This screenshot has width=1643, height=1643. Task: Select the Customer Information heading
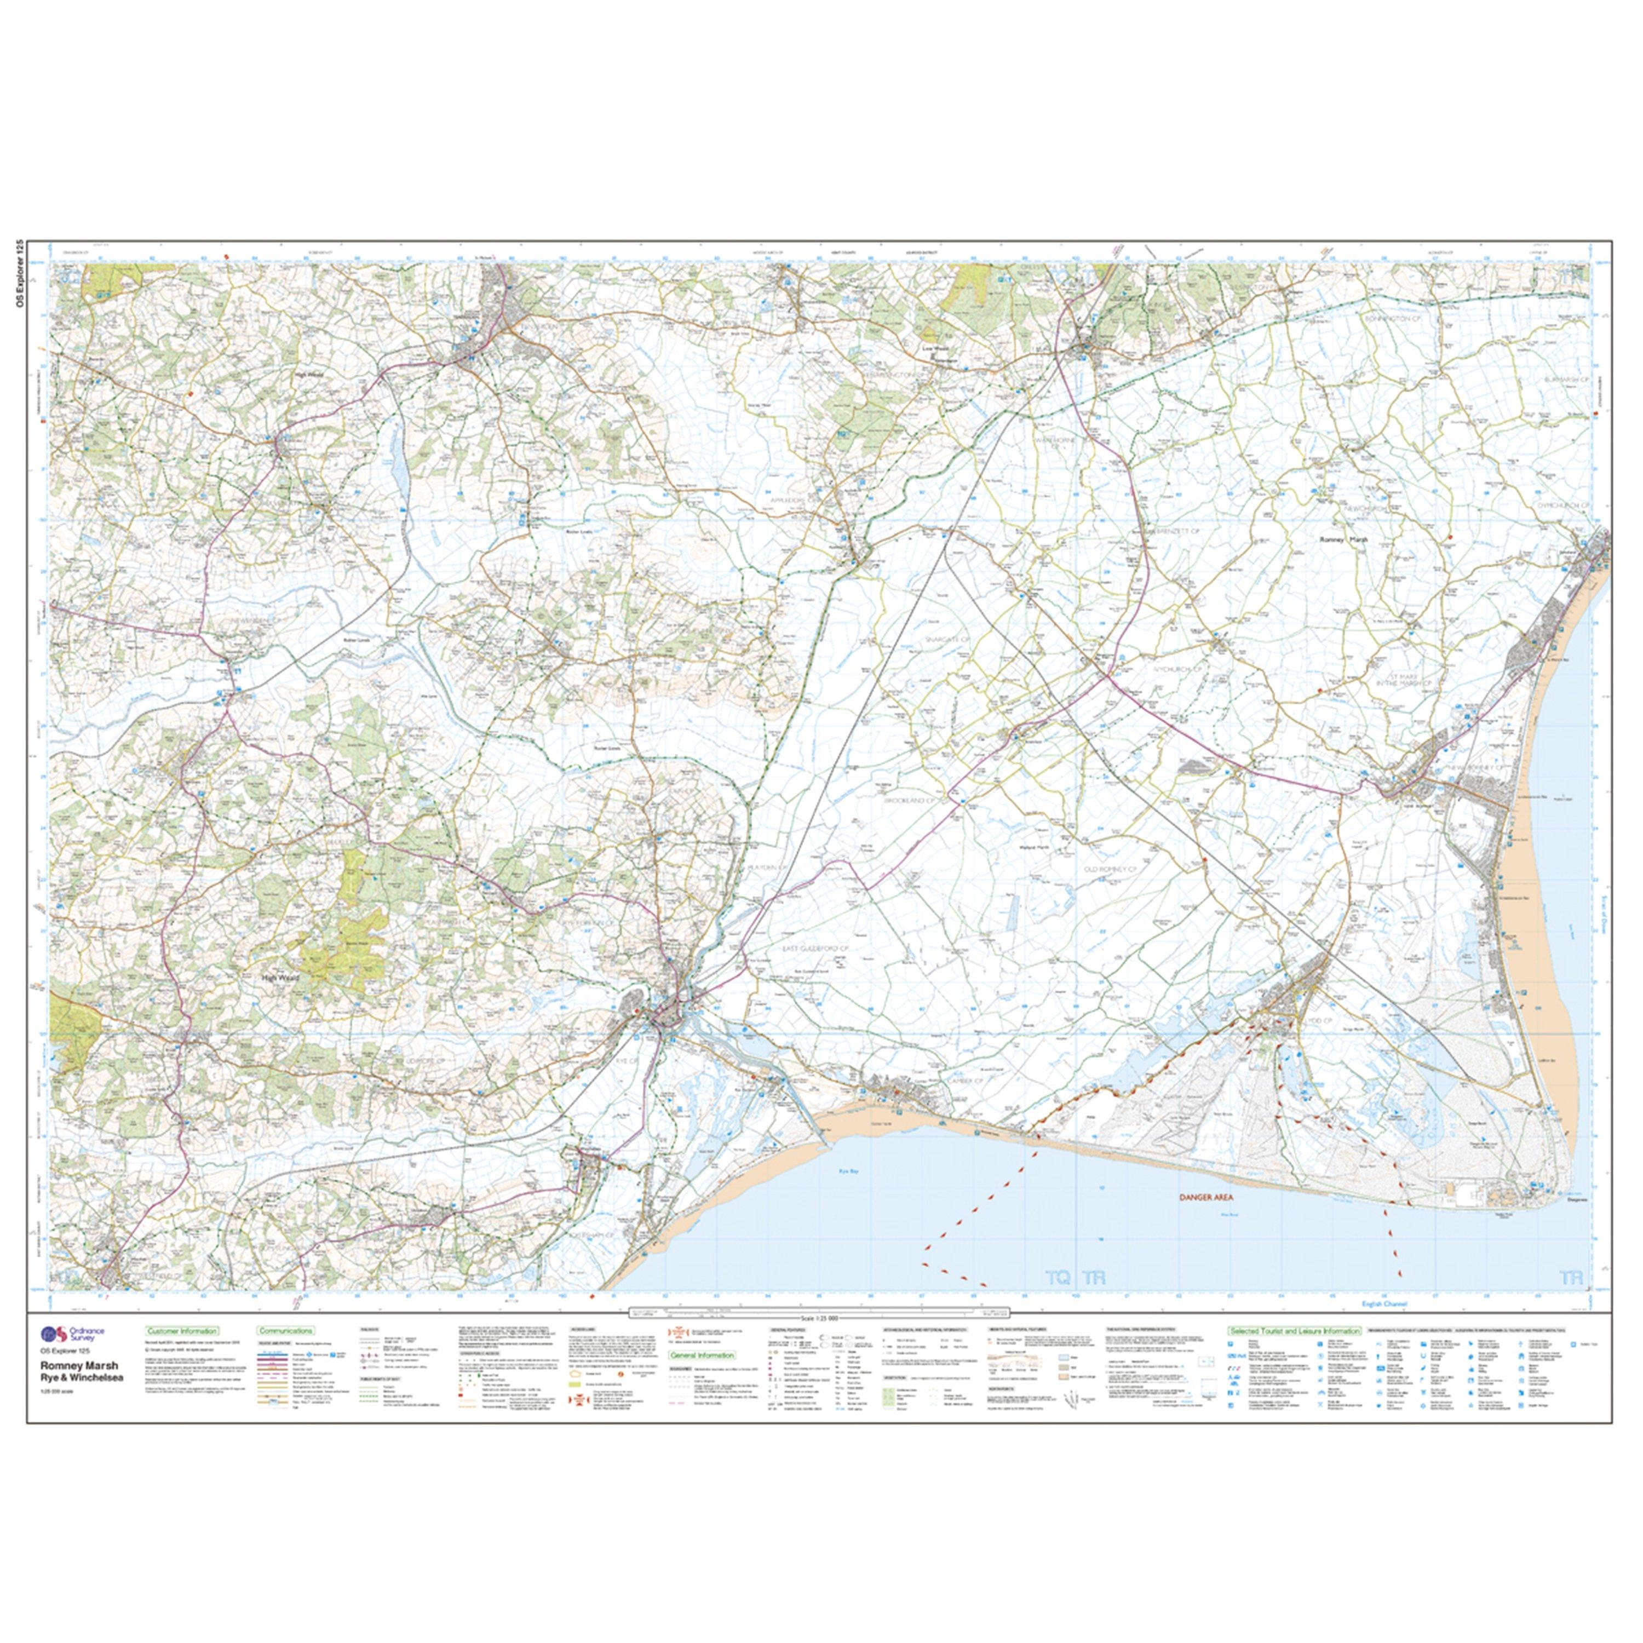181,1331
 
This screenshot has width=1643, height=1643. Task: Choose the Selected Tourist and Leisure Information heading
1292,1331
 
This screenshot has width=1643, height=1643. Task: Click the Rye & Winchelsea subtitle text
81,1378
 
